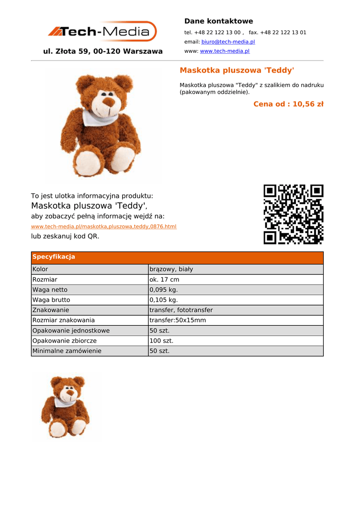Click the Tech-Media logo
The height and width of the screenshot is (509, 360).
102,32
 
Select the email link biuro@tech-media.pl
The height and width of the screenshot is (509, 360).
228,42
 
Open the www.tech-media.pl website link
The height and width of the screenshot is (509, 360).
224,51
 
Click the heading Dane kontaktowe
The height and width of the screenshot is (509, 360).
218,21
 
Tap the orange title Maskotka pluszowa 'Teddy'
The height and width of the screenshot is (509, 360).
237,70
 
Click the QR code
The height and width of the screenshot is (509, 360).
293,214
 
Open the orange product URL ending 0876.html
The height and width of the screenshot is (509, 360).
103,227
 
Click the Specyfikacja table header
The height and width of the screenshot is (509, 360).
54,257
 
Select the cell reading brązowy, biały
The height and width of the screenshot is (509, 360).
171,269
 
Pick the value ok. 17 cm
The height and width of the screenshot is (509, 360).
164,280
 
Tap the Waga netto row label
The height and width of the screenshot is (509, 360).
50,290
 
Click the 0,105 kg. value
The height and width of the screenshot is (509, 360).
164,300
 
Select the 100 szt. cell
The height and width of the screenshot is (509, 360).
161,341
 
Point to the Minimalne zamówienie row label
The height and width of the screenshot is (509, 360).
67,351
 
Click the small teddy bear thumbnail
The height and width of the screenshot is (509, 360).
66,406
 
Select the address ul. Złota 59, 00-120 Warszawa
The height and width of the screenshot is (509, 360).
103,51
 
